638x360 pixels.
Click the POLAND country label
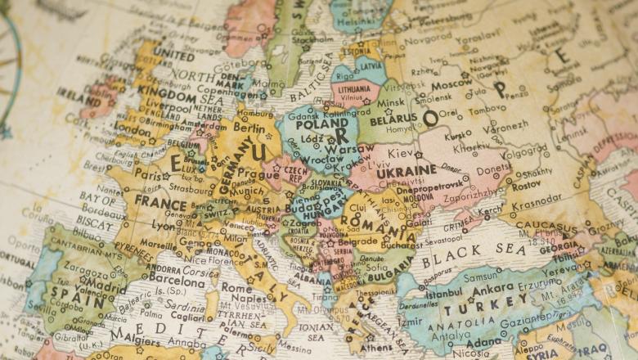pyautogui.click(x=323, y=125)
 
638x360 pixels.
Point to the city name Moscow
pyautogui.click(x=452, y=84)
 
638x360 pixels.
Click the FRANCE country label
pyautogui.click(x=160, y=201)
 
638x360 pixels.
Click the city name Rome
pyautogui.click(x=237, y=288)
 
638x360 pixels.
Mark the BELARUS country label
pyautogui.click(x=394, y=119)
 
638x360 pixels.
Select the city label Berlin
pyautogui.click(x=249, y=128)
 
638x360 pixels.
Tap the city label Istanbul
pyautogui.click(x=444, y=292)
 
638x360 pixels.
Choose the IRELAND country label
pyautogui.click(x=79, y=96)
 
